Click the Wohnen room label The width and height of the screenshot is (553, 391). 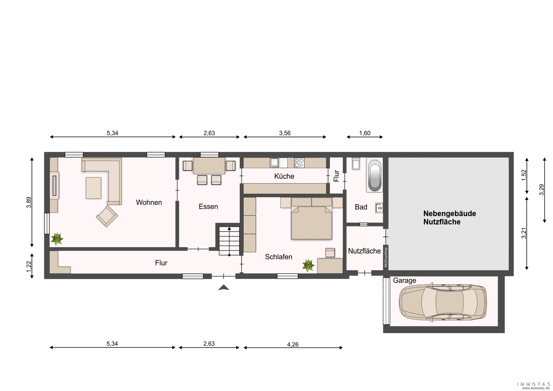pos(149,202)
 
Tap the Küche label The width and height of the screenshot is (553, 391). pos(284,176)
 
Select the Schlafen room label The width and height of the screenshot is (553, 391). pos(278,257)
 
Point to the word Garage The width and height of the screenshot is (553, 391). pos(404,281)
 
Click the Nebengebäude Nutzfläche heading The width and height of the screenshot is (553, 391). pos(450,217)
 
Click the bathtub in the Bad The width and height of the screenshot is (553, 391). pos(374,175)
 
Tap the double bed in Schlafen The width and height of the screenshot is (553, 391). pos(311,218)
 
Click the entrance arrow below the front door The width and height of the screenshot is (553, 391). pos(224,288)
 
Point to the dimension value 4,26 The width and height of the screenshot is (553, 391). pos(293,344)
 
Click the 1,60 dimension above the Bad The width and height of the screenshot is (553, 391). pos(365,133)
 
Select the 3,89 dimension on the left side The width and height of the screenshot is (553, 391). pos(29,202)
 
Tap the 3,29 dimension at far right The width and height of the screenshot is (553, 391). pos(541,190)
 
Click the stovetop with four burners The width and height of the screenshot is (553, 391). pos(299,163)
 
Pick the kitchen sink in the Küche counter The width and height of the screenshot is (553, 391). pos(275,163)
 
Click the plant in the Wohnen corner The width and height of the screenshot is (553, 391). pos(57,239)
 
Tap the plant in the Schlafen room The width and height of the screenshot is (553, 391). pos(308,265)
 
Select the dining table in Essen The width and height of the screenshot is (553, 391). pos(209,165)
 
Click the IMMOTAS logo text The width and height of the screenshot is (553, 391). pos(534,384)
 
